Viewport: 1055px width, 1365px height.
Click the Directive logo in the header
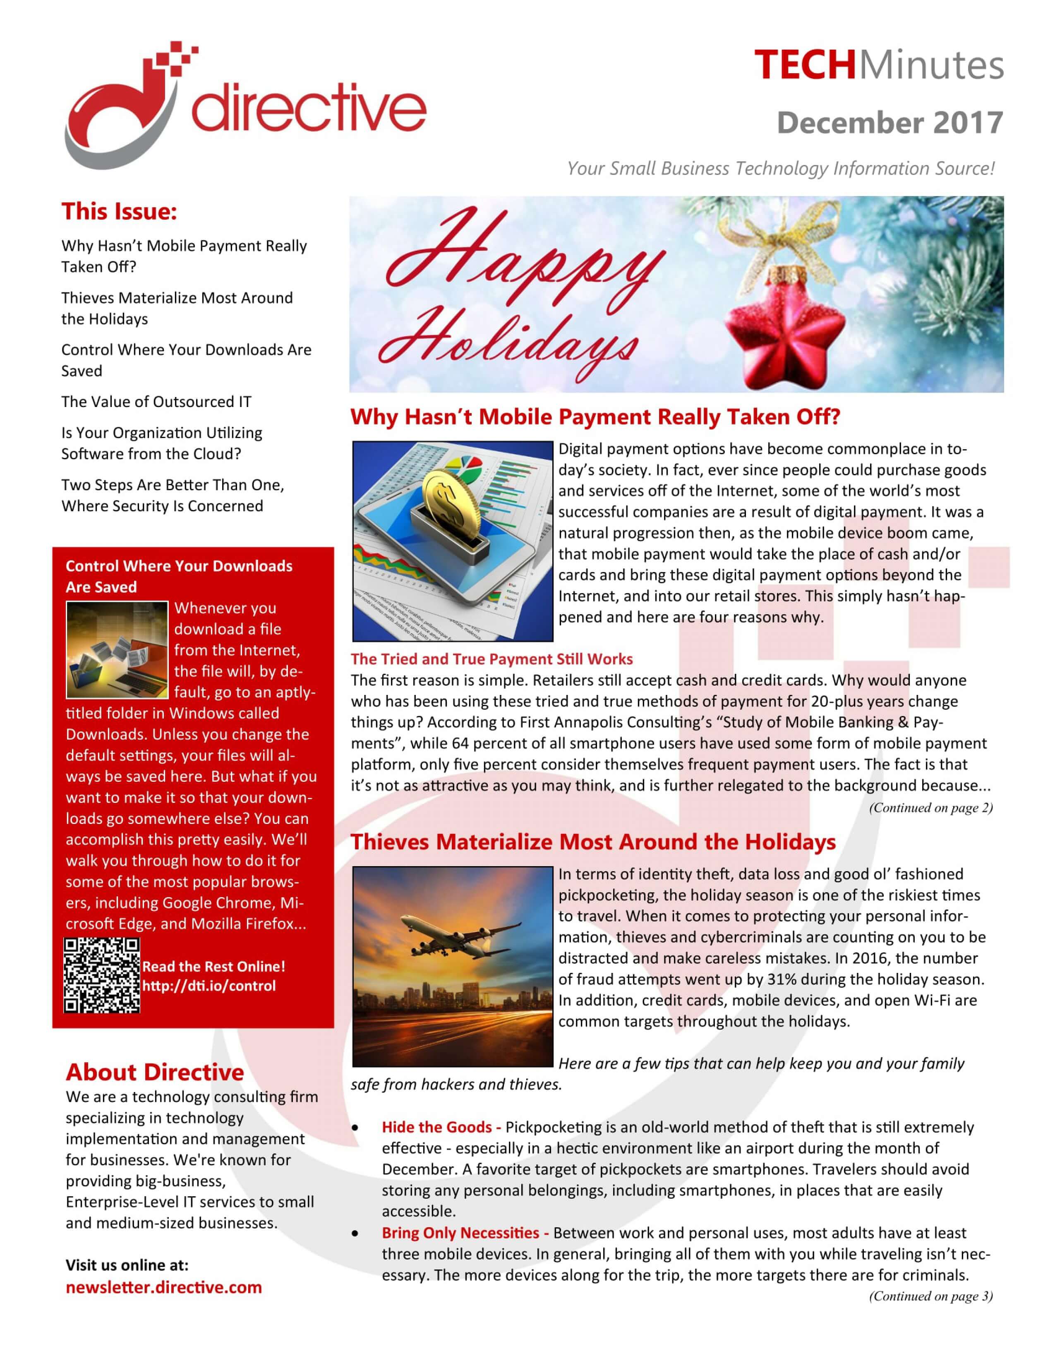pyautogui.click(x=245, y=106)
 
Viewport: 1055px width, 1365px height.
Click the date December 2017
pyautogui.click(x=890, y=122)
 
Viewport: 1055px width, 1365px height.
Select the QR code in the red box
pyautogui.click(x=102, y=976)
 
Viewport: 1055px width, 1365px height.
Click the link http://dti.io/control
pyautogui.click(x=209, y=986)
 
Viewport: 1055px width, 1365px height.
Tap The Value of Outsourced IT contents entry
pyautogui.click(x=156, y=402)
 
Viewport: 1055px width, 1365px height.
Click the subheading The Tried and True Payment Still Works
pyautogui.click(x=491, y=659)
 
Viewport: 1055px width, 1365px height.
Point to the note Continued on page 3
pyautogui.click(x=930, y=1296)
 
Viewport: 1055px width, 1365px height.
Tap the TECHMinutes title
pyautogui.click(x=878, y=65)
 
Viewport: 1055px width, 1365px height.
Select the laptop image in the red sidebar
pyautogui.click(x=117, y=650)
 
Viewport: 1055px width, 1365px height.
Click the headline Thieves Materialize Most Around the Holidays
pyautogui.click(x=592, y=842)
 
